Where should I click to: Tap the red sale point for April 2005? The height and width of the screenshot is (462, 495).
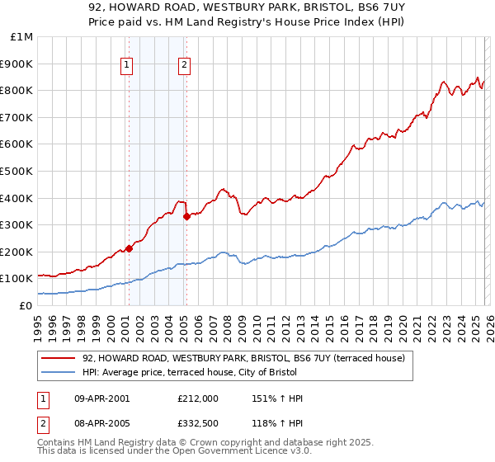click(186, 216)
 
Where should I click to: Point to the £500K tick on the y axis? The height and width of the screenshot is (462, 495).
click(17, 171)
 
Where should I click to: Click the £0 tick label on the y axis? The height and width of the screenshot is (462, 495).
click(26, 305)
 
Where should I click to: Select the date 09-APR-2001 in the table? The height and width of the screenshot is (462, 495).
click(102, 399)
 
